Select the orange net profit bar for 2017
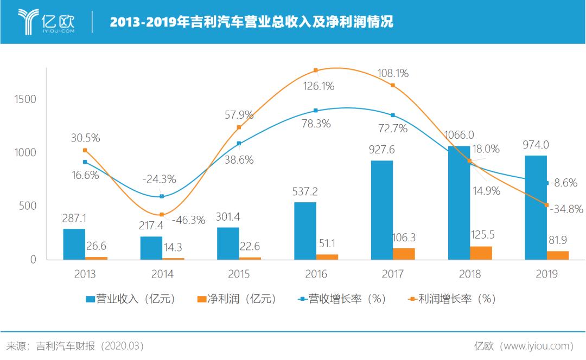pos(404,254)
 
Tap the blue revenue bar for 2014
pos(151,248)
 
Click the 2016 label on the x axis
pos(316,274)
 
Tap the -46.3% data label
pos(188,220)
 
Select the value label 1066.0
pos(458,135)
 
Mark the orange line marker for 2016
pos(315,70)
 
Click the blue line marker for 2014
pos(162,196)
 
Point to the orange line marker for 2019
pos(546,205)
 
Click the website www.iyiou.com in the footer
pos(537,346)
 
